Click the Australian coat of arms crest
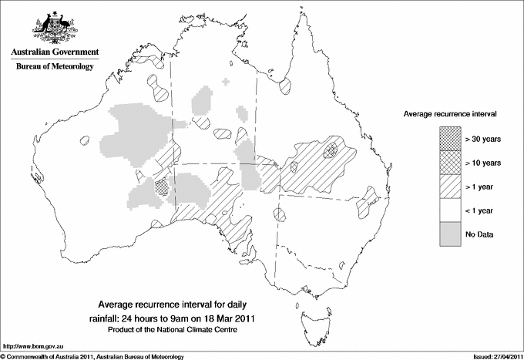point(55,28)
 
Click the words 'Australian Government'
point(55,52)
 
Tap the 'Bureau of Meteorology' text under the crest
point(55,66)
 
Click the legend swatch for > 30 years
point(449,139)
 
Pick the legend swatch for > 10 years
point(449,163)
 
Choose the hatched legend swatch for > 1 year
point(449,187)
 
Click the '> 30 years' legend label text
point(483,139)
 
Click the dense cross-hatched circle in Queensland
point(331,148)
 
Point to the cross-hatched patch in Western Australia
point(161,186)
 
